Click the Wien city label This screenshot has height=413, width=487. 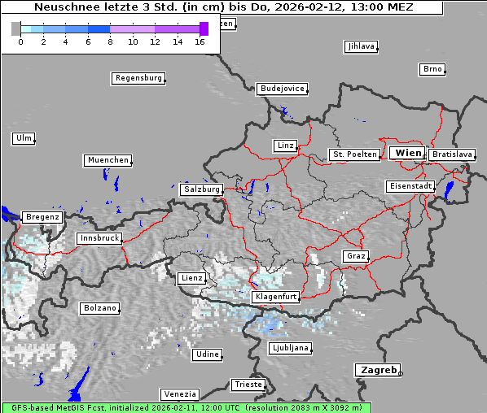407,153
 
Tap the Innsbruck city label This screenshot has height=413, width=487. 99,238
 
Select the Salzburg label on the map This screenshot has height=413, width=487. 201,189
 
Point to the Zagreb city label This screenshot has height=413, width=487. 377,370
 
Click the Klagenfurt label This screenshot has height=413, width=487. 276,297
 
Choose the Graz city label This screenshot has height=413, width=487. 355,256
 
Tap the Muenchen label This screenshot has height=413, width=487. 107,160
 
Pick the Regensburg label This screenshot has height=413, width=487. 138,78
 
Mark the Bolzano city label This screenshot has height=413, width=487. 99,308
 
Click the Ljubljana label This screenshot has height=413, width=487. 289,348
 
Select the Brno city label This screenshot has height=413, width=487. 432,69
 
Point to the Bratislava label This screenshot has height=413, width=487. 451,154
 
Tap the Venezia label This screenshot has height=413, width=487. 178,393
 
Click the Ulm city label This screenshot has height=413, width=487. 23,138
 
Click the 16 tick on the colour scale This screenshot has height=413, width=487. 200,41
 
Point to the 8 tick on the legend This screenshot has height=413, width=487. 109,41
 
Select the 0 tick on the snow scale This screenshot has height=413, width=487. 20,41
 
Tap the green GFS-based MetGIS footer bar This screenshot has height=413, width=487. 186,407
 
